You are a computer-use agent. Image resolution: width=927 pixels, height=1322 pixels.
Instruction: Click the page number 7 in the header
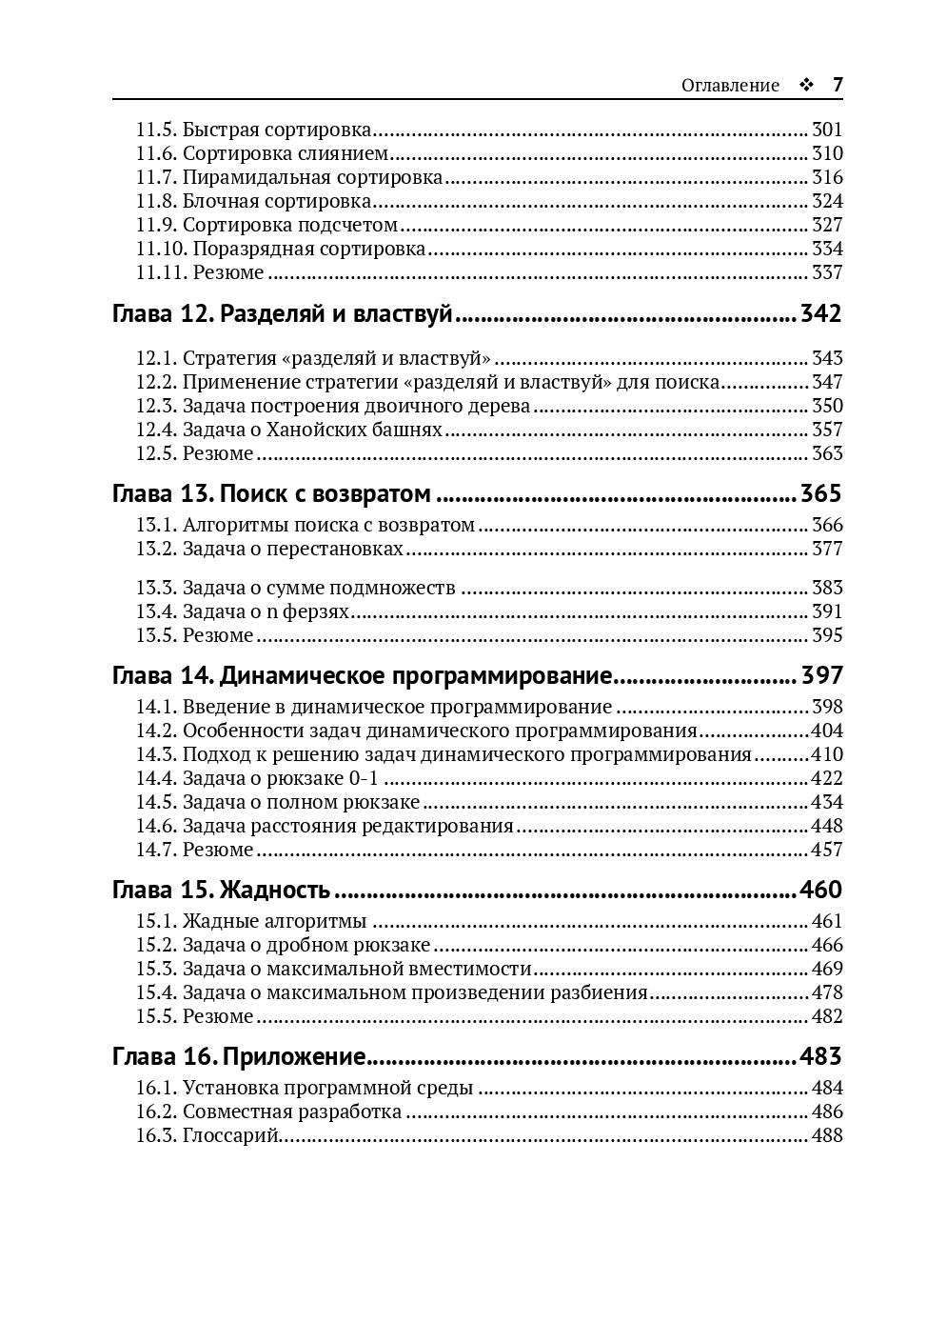tap(838, 85)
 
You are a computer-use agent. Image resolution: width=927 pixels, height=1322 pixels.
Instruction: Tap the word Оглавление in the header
tap(730, 86)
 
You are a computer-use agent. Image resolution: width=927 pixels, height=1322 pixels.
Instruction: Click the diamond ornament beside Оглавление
tap(806, 86)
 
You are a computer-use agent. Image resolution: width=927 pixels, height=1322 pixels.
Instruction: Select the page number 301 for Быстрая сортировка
tap(827, 130)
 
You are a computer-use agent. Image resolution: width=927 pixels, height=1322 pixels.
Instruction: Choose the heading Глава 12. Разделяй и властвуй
tap(282, 314)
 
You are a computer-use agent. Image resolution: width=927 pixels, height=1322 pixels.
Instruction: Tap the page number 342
tap(821, 314)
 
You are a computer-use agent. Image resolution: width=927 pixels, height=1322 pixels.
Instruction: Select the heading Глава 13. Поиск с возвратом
tap(271, 493)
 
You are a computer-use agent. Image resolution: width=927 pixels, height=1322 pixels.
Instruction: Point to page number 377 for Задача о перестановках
tap(827, 549)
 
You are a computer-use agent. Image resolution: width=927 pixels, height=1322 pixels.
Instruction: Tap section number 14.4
tap(155, 778)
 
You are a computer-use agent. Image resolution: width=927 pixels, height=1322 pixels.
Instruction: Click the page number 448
tap(827, 826)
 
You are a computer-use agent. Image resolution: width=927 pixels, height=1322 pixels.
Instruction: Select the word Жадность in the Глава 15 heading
tap(275, 890)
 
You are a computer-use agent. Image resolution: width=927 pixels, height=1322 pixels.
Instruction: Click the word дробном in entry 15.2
tap(315, 945)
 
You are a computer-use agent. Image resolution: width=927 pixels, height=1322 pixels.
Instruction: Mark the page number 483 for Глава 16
tap(821, 1056)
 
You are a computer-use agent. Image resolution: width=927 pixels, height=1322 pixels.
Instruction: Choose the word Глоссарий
tap(230, 1135)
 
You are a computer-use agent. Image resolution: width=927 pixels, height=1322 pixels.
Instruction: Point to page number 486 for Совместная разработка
tap(827, 1112)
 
